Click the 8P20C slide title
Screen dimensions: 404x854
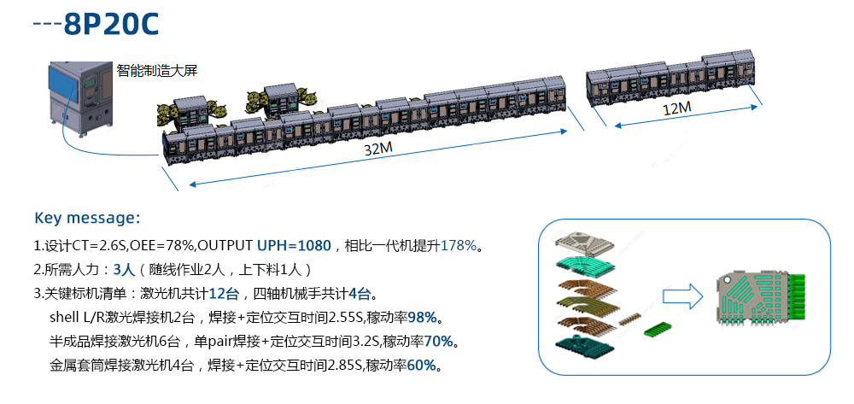point(111,23)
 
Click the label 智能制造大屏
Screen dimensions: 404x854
point(157,71)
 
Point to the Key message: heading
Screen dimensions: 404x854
point(87,217)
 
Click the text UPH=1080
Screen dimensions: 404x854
point(294,246)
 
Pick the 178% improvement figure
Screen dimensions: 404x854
point(459,246)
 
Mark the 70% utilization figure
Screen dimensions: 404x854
point(440,342)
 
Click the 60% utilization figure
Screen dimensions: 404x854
point(423,366)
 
